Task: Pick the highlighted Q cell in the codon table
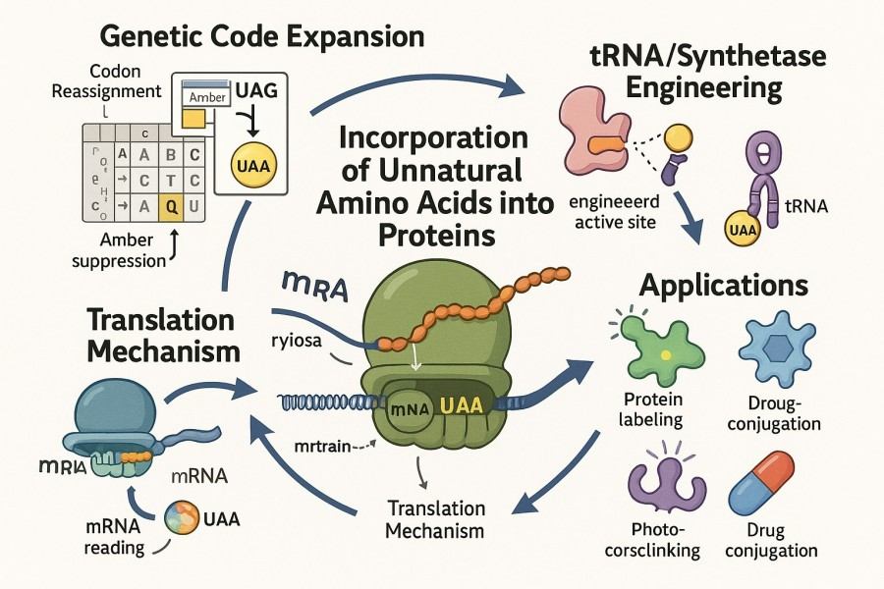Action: coord(171,206)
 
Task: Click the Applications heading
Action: coord(724,286)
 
